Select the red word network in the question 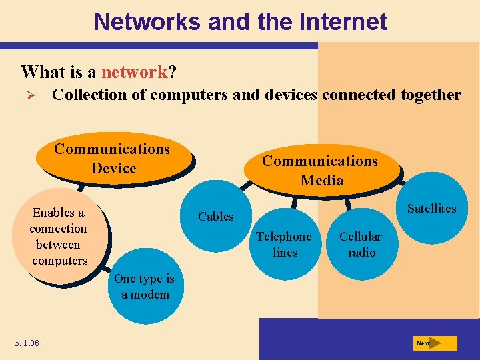click(133, 71)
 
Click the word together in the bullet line click(431, 95)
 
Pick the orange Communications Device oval click(112, 159)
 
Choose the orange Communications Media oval click(321, 171)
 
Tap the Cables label click(216, 217)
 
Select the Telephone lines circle click(284, 245)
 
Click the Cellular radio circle click(361, 245)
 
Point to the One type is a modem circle click(145, 287)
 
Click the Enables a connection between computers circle click(59, 237)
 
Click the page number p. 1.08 click(26, 343)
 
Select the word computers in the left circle click(60, 261)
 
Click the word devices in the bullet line click(291, 95)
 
